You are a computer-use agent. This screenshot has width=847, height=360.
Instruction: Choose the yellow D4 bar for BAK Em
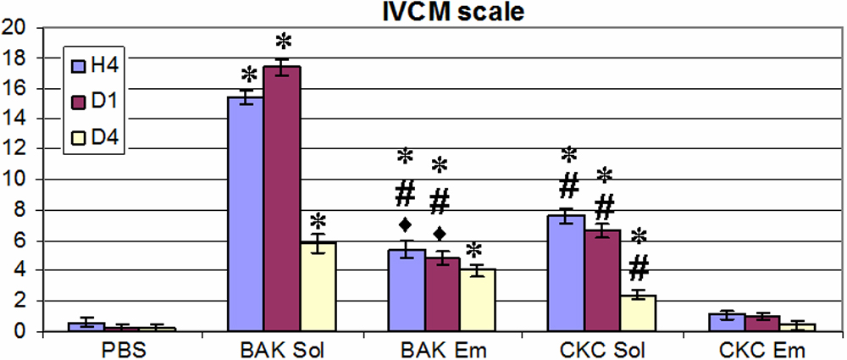[x=477, y=300]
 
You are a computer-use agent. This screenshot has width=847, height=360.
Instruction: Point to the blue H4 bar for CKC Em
[x=724, y=322]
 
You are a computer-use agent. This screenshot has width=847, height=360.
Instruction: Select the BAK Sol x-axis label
[x=281, y=347]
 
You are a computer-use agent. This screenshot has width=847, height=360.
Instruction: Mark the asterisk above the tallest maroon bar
[x=284, y=41]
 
